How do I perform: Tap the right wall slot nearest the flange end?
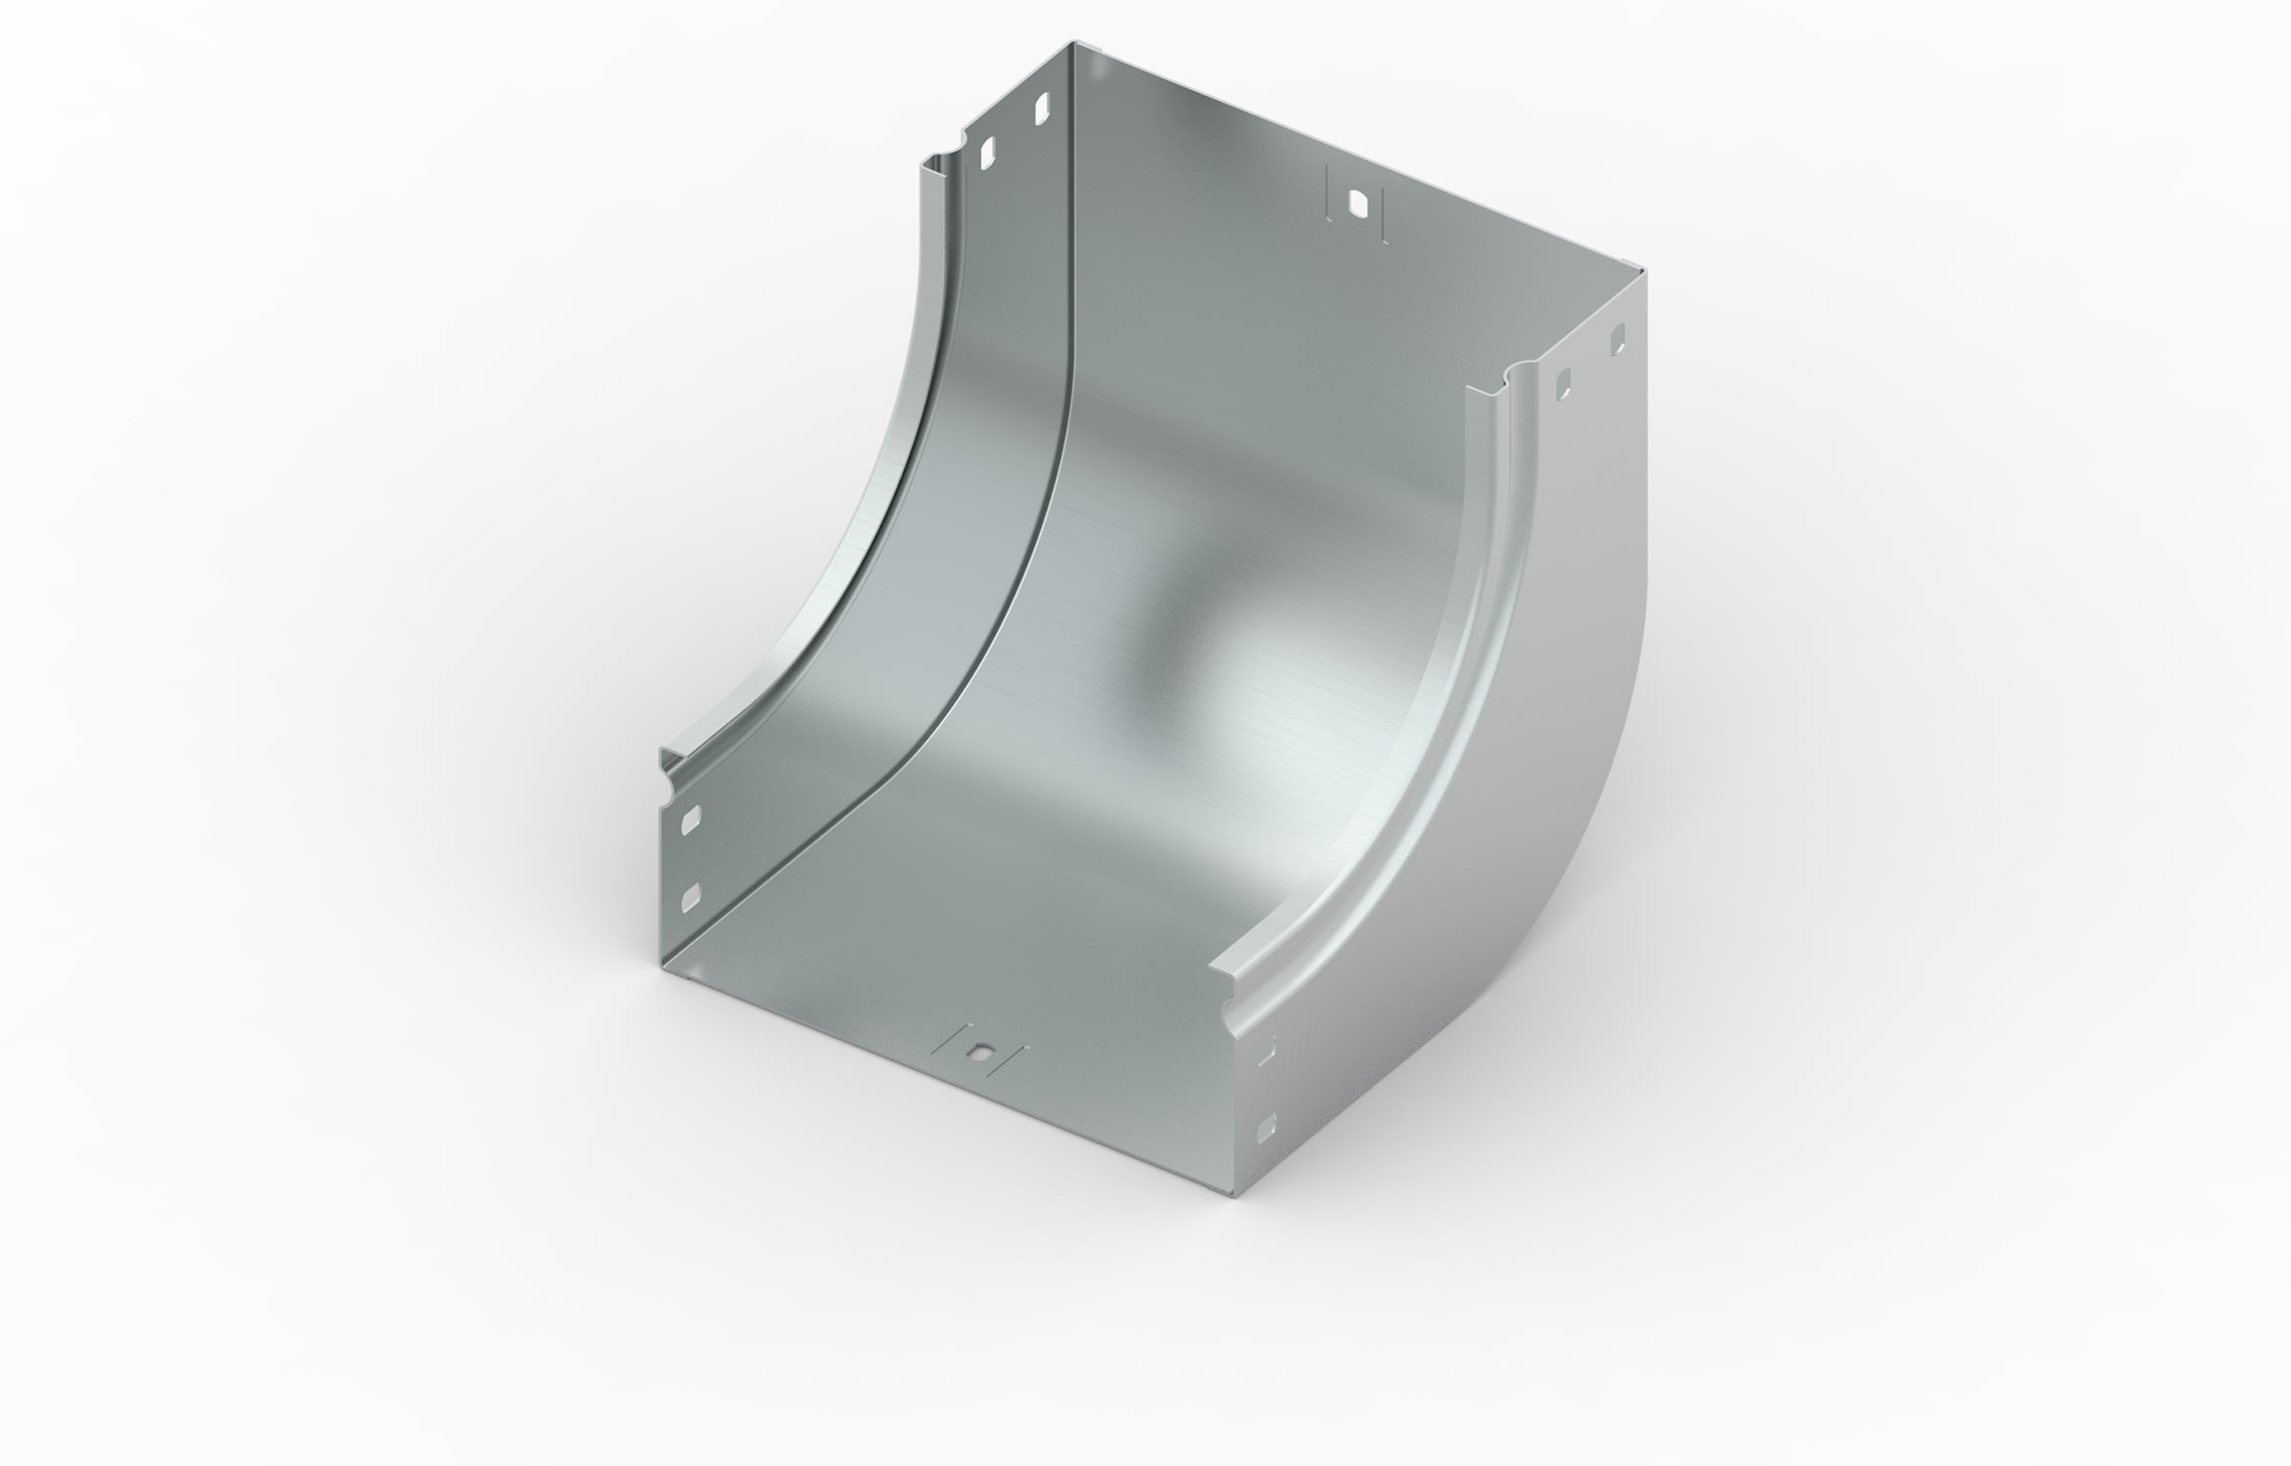[1564, 383]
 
